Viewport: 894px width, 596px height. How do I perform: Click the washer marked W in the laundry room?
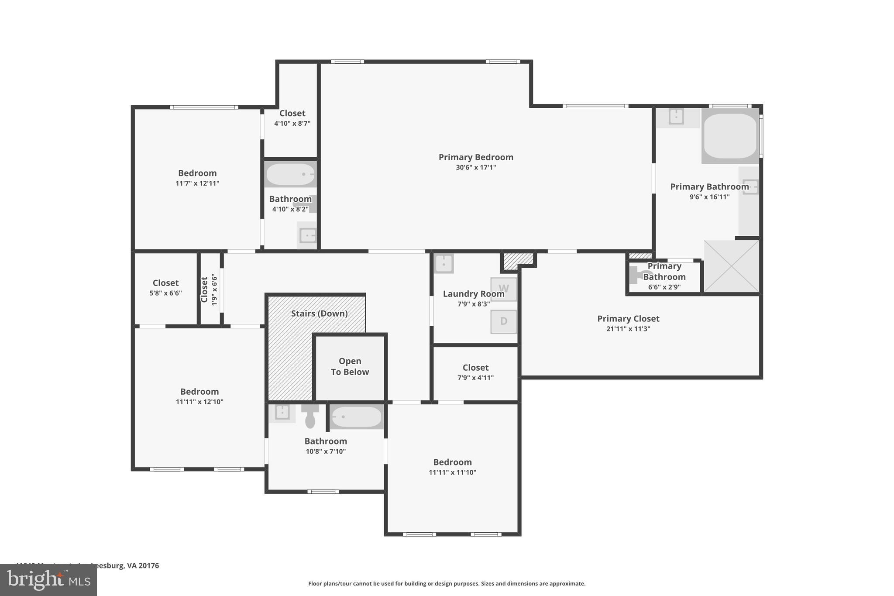tap(503, 289)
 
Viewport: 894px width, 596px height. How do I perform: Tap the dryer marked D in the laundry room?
tap(503, 321)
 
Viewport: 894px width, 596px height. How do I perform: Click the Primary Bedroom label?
tap(476, 157)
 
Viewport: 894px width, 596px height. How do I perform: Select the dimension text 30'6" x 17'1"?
tap(476, 167)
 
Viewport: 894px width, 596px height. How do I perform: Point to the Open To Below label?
tap(350, 366)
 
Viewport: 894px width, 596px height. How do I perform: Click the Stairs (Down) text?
tap(319, 314)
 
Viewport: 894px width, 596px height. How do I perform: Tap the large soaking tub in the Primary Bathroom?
tap(730, 136)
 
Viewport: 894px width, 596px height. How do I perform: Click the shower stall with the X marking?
tap(732, 266)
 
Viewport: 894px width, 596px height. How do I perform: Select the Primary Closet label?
tap(628, 319)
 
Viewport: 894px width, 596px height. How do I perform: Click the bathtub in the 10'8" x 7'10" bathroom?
tap(357, 417)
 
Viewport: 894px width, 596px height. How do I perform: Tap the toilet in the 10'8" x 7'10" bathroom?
tap(310, 417)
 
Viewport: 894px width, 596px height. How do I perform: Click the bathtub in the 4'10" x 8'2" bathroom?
tap(290, 174)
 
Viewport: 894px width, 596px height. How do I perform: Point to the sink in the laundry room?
tap(444, 264)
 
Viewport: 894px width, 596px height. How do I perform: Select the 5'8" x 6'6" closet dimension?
tap(165, 293)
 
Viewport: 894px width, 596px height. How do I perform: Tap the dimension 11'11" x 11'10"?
tap(452, 472)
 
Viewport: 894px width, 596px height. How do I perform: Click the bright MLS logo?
tap(48, 580)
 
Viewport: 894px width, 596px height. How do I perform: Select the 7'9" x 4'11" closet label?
tap(475, 368)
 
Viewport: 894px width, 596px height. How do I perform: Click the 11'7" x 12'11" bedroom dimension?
tap(197, 183)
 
